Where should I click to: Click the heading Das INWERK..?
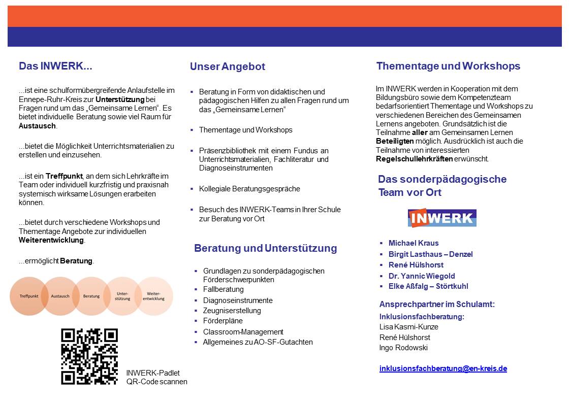(55, 66)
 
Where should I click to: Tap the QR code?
(89, 356)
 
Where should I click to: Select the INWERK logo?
(442, 218)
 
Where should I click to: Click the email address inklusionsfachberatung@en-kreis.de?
(443, 368)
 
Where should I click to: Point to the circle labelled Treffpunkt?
(29, 296)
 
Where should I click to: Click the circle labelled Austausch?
(60, 296)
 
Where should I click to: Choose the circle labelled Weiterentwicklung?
(153, 296)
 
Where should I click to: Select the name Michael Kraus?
(414, 243)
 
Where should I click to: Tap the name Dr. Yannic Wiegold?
(422, 276)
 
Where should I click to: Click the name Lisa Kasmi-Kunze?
(408, 327)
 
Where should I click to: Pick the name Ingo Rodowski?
(404, 348)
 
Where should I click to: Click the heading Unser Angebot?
(228, 66)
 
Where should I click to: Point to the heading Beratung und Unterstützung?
(265, 248)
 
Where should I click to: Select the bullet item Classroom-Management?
(243, 331)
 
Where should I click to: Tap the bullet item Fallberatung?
(224, 289)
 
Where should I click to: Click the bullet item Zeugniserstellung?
(232, 310)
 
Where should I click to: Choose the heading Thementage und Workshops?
(448, 66)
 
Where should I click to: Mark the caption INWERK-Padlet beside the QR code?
(153, 373)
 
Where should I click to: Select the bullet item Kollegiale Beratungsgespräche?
(249, 189)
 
